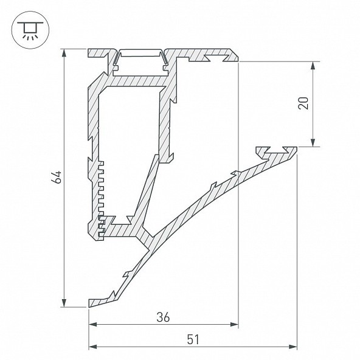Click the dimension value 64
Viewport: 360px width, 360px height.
(x=56, y=177)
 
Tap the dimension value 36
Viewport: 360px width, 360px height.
(x=163, y=317)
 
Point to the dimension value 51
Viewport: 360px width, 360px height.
(x=193, y=339)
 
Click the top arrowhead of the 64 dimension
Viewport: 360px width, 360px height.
(x=64, y=53)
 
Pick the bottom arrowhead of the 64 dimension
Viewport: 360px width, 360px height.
(x=64, y=303)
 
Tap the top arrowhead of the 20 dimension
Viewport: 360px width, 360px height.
(x=313, y=66)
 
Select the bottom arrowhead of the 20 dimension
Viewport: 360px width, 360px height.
(x=313, y=142)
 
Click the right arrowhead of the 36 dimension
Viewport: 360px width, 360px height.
(x=234, y=324)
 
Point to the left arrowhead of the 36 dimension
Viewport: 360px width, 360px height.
(x=93, y=324)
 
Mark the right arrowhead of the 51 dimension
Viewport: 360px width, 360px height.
(x=292, y=347)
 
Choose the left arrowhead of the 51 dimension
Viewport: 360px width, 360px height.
(x=93, y=347)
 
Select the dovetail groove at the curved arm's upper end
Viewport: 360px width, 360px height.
(x=276, y=150)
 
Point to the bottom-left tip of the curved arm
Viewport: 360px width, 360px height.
(x=89, y=307)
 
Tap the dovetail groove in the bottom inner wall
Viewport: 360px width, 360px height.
(x=122, y=220)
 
